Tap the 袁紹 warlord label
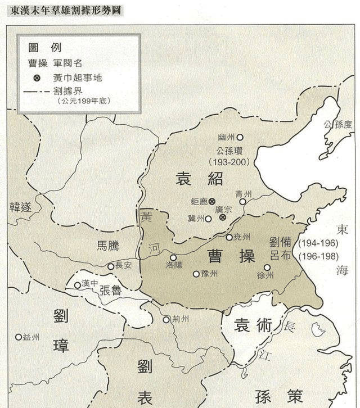200,179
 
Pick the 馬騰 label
104,246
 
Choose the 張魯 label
111,290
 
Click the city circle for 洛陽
173,258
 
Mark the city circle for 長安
111,266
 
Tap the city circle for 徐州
267,268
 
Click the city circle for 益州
18,337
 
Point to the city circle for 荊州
166,319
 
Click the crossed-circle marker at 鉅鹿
212,201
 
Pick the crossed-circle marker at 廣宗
223,217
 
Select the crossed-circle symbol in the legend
37,78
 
